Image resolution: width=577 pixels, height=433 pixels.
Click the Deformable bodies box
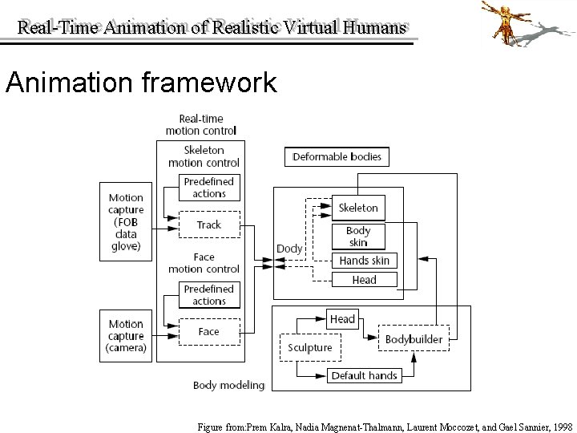pos(337,156)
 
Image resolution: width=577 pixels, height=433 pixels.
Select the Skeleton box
pos(358,208)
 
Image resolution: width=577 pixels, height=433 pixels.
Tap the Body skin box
pos(358,237)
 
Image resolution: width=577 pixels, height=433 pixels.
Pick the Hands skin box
pos(364,261)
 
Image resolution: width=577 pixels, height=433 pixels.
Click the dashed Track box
pos(208,225)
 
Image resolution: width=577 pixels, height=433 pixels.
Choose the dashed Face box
pos(208,331)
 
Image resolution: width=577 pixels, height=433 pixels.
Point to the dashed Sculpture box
pos(309,347)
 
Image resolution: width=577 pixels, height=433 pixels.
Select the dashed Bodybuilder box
pos(414,339)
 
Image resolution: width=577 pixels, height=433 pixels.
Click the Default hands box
pos(364,375)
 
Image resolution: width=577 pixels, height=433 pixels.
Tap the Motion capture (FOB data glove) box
pos(126,221)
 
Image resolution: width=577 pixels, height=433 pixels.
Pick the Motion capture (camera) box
pos(126,336)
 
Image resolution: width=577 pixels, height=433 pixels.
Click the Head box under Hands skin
pos(364,280)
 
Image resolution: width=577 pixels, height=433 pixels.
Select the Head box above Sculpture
pos(342,319)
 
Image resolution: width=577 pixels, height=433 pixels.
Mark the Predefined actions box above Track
pos(208,188)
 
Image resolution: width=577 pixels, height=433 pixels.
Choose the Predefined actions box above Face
pos(208,295)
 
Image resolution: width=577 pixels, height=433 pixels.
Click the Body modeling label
pos(228,385)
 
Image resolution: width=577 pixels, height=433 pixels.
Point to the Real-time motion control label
pos(200,124)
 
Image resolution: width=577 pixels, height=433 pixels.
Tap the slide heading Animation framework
pos(141,83)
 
